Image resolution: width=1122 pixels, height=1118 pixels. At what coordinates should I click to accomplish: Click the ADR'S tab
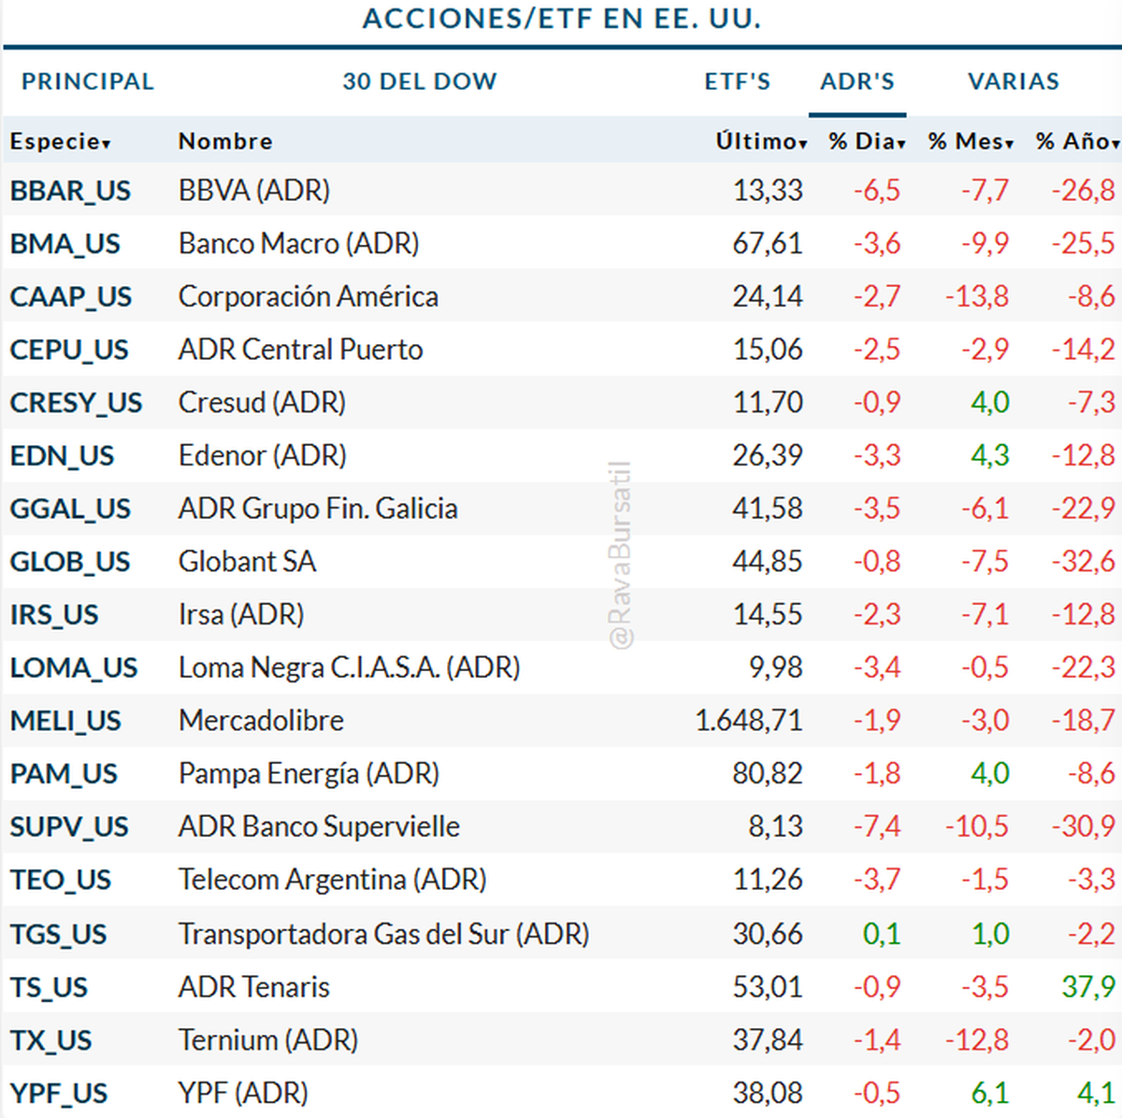tap(856, 82)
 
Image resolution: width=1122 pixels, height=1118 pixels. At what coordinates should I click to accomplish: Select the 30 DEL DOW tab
tap(420, 82)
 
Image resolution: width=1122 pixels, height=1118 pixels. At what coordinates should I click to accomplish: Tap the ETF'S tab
tap(738, 82)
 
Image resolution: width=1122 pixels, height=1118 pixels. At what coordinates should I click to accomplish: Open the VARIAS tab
tap(1014, 82)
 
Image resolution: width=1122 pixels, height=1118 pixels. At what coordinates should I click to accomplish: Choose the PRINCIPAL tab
tap(88, 82)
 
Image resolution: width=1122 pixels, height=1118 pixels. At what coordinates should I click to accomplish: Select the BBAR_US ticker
tap(70, 191)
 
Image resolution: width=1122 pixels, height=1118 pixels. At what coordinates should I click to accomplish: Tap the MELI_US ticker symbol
tap(65, 721)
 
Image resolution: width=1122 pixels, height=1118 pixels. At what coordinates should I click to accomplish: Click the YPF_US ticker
tap(59, 1093)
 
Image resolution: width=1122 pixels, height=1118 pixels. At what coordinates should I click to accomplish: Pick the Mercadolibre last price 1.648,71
tap(748, 721)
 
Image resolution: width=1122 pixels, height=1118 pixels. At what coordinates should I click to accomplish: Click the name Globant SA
tap(247, 562)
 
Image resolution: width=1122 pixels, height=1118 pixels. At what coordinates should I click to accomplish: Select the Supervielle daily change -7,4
tap(877, 826)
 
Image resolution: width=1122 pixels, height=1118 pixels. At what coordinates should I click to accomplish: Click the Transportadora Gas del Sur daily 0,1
tap(882, 934)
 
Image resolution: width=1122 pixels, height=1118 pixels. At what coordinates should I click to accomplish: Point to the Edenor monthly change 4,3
tap(989, 455)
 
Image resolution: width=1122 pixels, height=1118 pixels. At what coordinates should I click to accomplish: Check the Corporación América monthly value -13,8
tap(977, 296)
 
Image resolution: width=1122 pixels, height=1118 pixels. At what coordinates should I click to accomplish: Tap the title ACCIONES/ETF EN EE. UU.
tap(561, 19)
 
